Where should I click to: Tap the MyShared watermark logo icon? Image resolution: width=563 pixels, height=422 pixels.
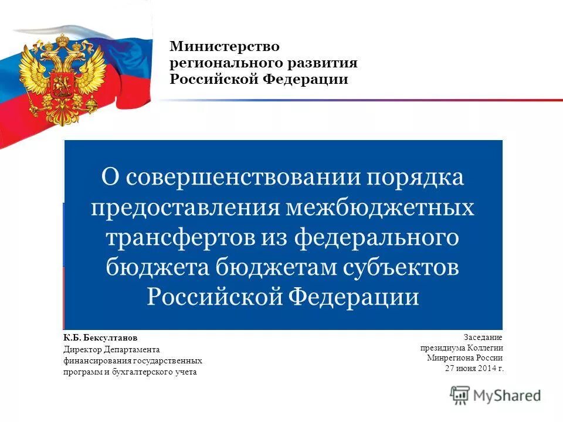pos(461,395)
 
